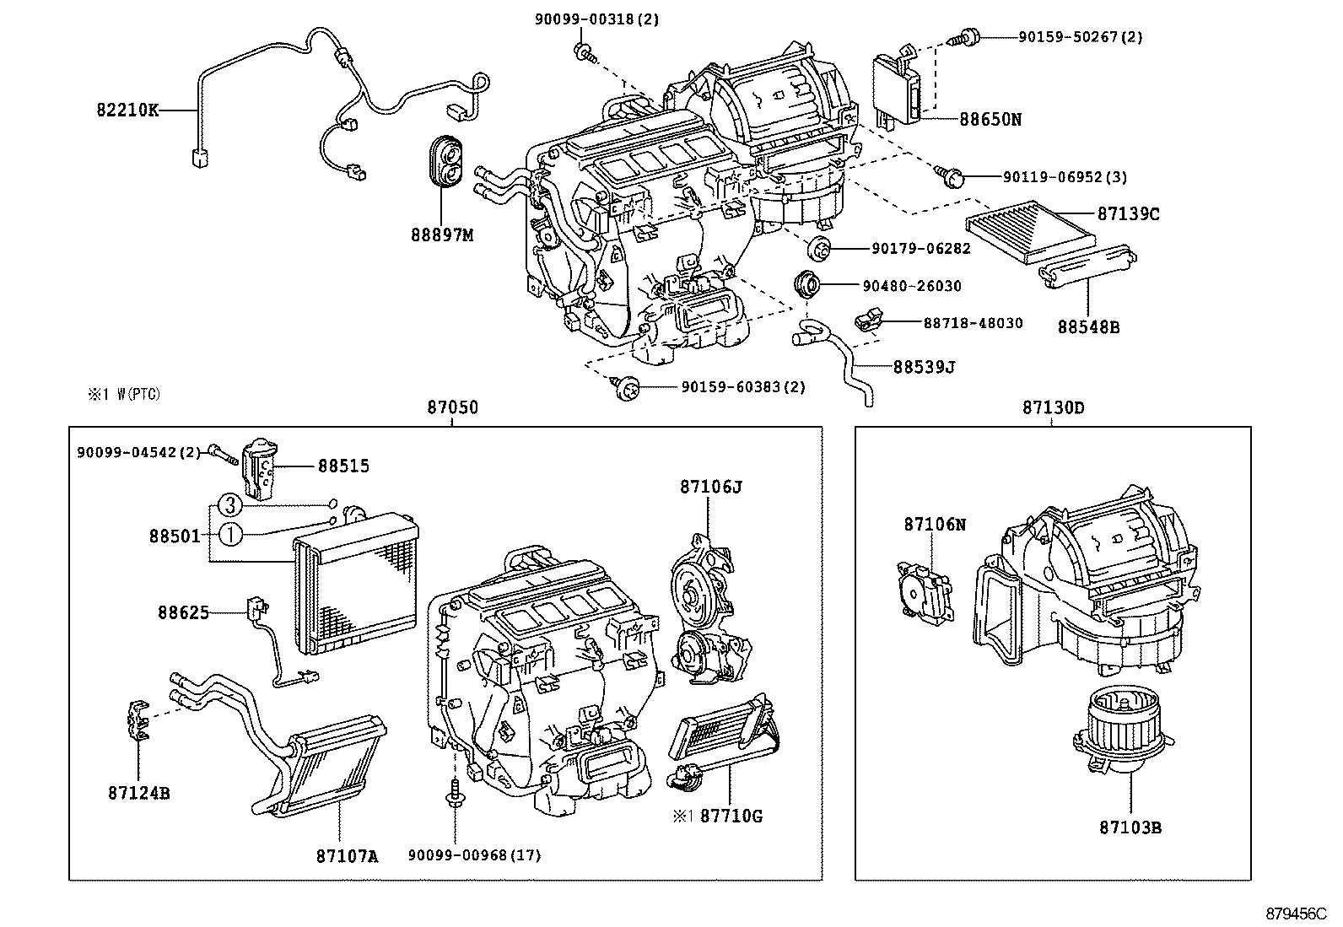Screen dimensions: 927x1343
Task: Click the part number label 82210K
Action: tap(127, 110)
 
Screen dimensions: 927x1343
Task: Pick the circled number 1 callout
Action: tap(229, 534)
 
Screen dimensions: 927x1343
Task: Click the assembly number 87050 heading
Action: tap(452, 408)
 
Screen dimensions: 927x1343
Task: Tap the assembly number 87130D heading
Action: tap(1053, 408)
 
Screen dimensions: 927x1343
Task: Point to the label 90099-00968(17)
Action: tap(474, 855)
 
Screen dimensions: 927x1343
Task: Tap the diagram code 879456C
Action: tap(1296, 914)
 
